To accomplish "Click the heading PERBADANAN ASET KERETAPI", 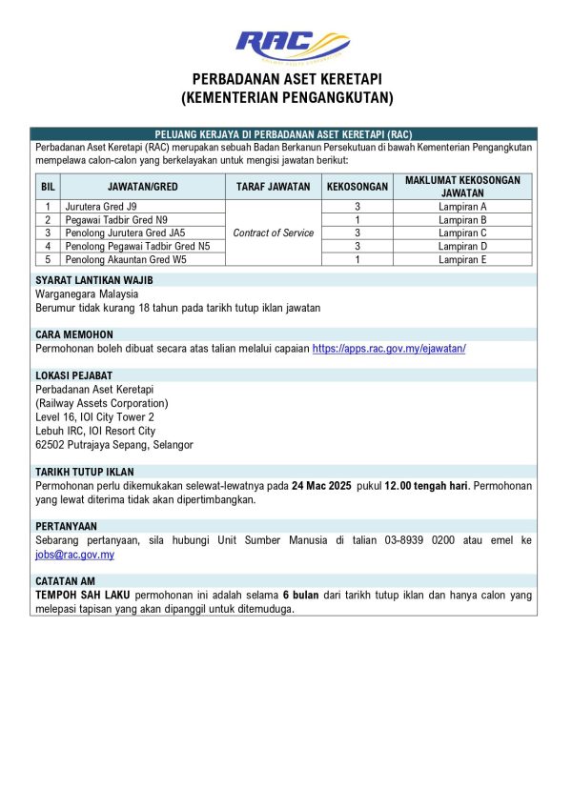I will click(x=287, y=79).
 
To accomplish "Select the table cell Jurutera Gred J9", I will click(x=101, y=206).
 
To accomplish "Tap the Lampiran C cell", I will click(x=462, y=233).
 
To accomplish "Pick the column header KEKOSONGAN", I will click(x=357, y=187).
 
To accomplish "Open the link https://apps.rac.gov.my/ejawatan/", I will click(x=389, y=349).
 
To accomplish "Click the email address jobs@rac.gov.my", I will click(x=74, y=555).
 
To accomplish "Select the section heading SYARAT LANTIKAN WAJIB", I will click(x=93, y=280).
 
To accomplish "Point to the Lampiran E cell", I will click(x=462, y=259).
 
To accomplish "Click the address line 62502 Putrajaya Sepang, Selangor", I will click(x=114, y=445).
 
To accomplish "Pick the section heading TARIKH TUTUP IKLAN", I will click(x=85, y=472).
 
